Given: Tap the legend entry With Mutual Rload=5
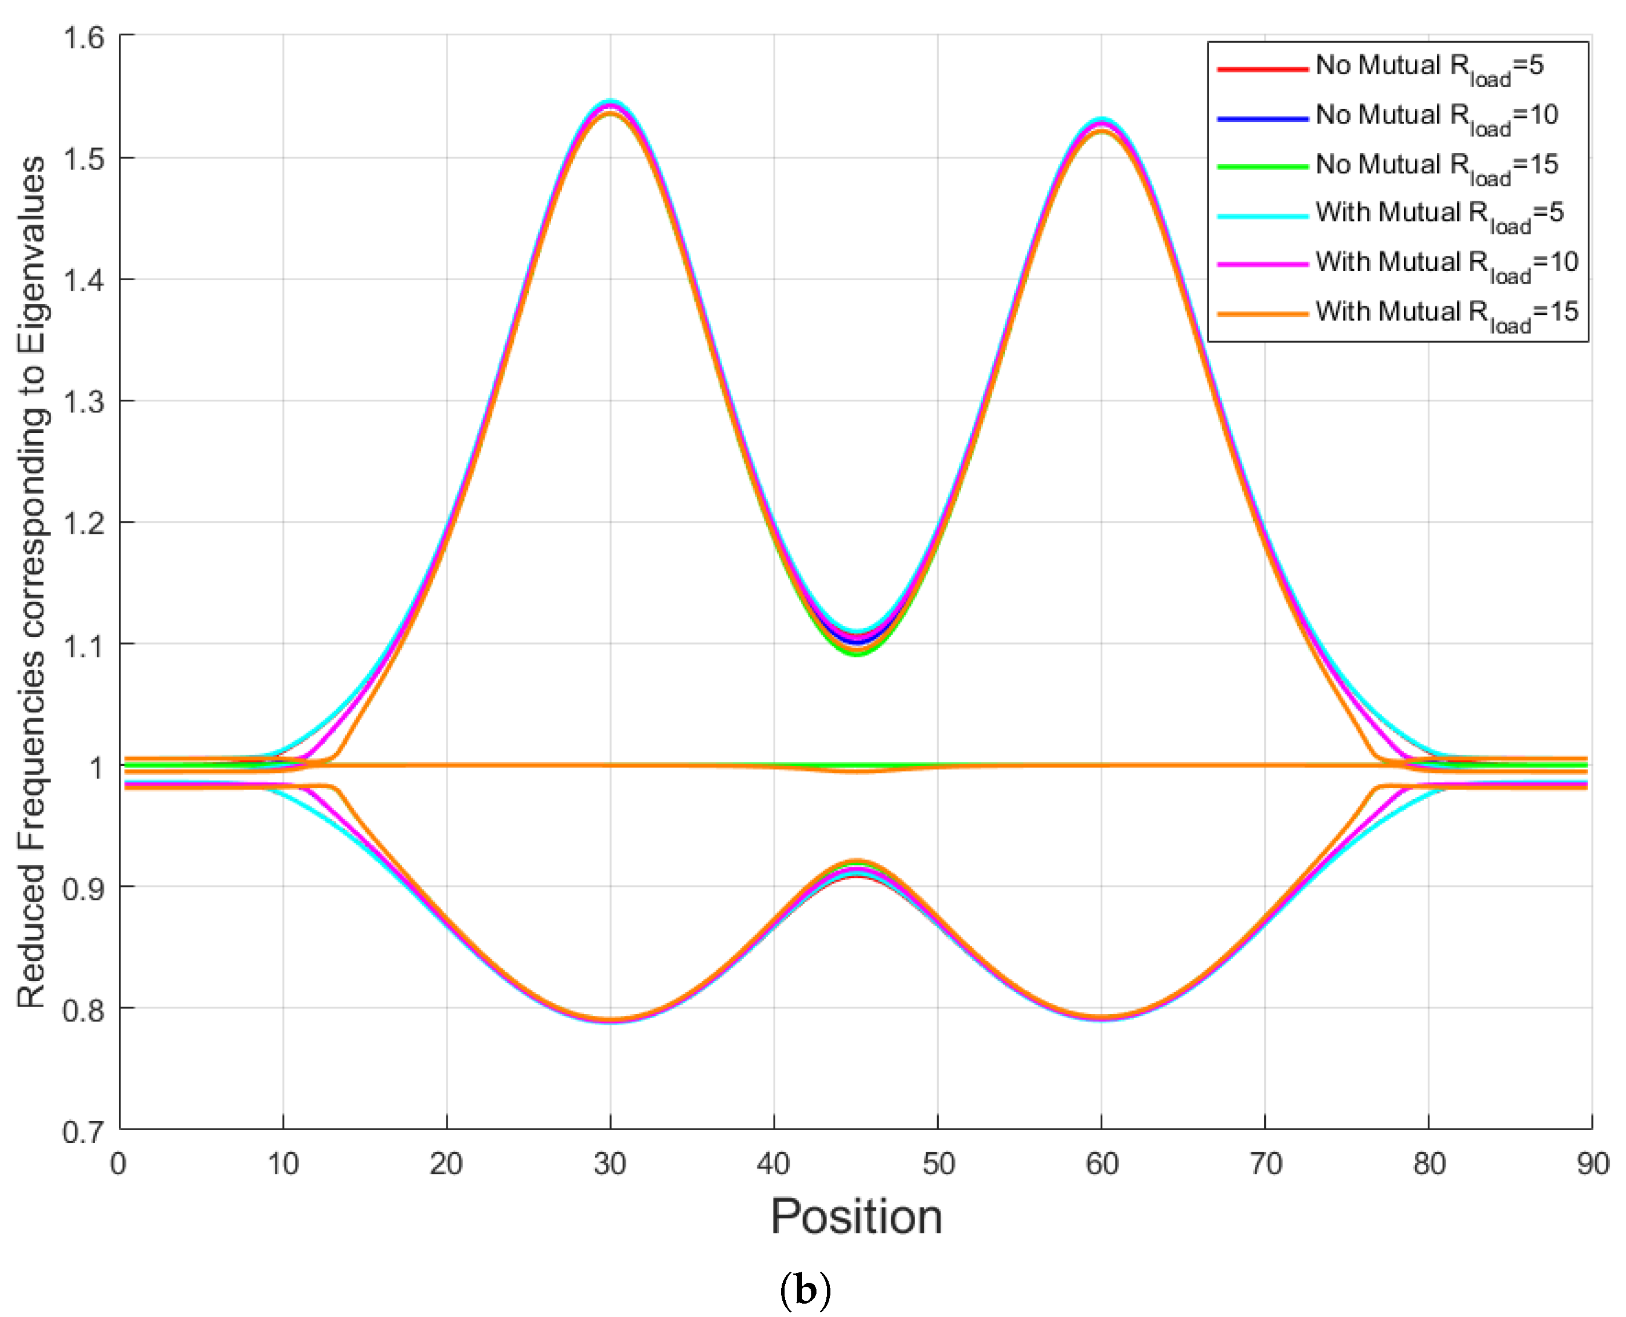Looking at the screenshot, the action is (1391, 215).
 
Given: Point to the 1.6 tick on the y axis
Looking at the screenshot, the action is (84, 37).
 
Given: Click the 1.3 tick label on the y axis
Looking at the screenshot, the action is (84, 401).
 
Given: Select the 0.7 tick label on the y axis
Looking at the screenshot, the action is (84, 1131).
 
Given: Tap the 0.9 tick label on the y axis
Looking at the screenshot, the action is (84, 888).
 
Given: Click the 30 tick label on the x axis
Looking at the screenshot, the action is (610, 1163).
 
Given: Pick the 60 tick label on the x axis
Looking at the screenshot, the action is (1101, 1163).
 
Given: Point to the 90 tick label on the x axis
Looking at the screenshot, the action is (1592, 1163).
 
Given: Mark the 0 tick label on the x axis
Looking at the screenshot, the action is (119, 1163).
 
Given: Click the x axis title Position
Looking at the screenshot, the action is (856, 1217).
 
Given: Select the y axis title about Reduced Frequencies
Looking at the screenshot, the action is (32, 582).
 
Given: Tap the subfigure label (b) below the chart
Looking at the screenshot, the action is (805, 1290).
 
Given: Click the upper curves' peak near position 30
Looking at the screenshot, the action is (611, 106).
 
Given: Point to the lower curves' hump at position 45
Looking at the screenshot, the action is (856, 867).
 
